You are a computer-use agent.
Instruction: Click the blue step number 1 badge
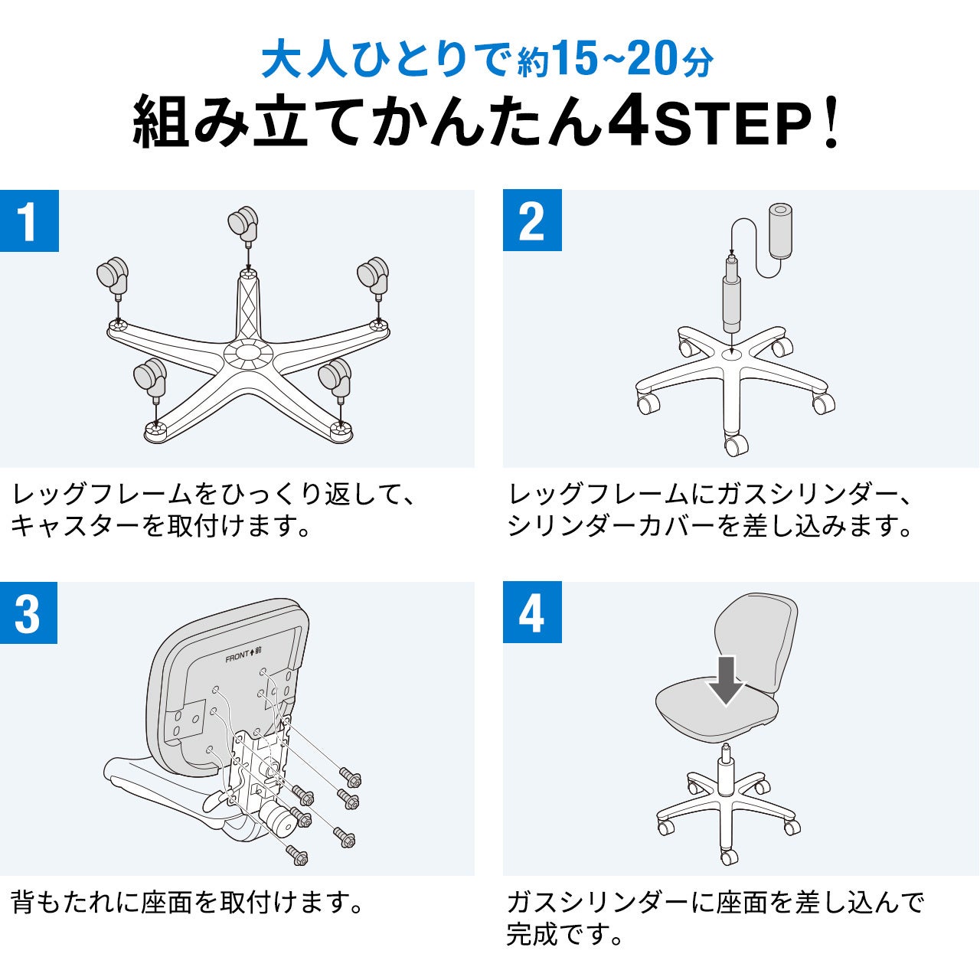pyautogui.click(x=29, y=220)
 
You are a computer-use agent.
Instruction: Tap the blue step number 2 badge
pyautogui.click(x=532, y=220)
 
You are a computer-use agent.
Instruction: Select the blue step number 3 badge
pyautogui.click(x=28, y=612)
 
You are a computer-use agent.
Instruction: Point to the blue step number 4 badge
pyautogui.click(x=532, y=612)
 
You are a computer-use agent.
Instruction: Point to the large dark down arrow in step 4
pyautogui.click(x=727, y=681)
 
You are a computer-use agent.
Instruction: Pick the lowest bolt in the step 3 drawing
pyautogui.click(x=297, y=855)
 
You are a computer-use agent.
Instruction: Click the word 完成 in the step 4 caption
pyautogui.click(x=532, y=934)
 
